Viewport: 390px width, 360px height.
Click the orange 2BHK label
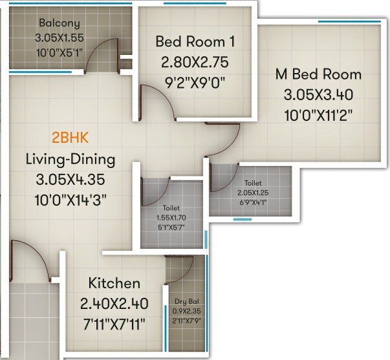70,138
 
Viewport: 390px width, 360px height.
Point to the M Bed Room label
318,74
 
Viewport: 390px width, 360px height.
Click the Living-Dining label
70,158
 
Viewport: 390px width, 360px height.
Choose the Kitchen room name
114,283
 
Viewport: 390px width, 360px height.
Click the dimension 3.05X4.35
70,179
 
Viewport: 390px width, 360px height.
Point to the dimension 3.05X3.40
318,95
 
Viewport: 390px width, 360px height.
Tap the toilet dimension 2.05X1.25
253,193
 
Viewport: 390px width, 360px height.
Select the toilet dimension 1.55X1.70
171,218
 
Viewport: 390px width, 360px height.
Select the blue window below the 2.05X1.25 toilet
242,219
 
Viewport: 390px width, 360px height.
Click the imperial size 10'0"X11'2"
318,116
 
